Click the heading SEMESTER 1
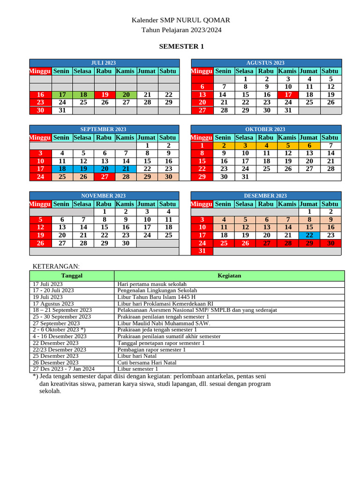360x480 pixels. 181,46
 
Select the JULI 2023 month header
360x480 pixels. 104,63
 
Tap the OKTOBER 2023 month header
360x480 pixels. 265,129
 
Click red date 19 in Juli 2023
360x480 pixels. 105,95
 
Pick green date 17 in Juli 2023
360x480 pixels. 62,95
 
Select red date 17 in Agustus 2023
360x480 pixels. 288,95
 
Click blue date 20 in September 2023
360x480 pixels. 105,169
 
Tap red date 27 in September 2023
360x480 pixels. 105,177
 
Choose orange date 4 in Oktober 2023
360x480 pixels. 267,146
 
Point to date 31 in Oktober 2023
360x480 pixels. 245,177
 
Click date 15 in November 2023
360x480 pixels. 105,227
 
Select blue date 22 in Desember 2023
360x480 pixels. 309,235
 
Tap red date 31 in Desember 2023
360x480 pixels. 202,251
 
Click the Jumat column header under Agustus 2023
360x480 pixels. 309,71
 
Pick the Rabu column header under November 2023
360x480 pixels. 104,204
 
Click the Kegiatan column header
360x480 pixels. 229,276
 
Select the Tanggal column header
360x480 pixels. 72,276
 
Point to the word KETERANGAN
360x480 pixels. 56,266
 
